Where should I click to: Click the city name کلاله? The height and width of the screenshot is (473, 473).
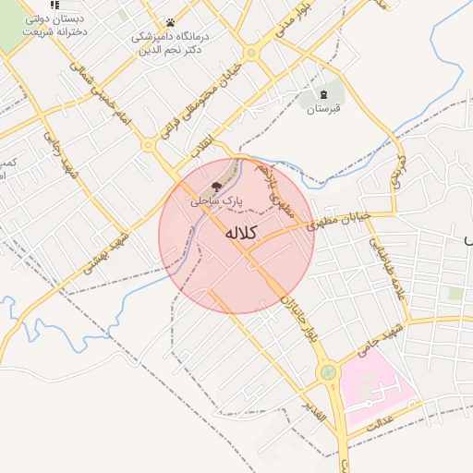(x=239, y=234)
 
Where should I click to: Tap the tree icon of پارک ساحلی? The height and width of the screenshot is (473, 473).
(x=217, y=187)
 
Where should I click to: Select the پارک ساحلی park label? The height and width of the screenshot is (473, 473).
(x=217, y=200)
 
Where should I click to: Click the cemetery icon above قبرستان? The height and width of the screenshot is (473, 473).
(x=323, y=95)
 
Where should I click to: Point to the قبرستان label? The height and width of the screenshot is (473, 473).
(x=323, y=110)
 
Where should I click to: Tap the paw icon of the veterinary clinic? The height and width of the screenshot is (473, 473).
(x=170, y=23)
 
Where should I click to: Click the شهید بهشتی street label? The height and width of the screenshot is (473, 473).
(x=103, y=250)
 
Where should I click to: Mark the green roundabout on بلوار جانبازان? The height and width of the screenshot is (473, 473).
(x=327, y=372)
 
